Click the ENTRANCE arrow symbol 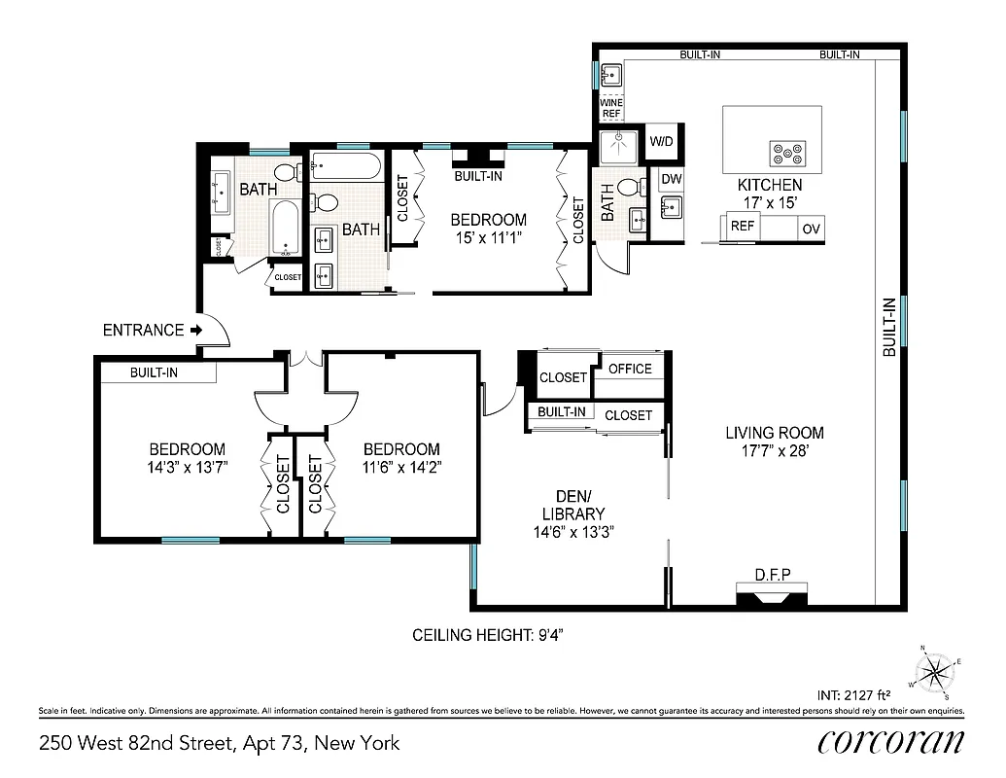(196, 331)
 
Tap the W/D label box (661, 141)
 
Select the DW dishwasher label (672, 179)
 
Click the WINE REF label (610, 108)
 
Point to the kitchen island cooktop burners (787, 152)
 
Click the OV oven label (810, 229)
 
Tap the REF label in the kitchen (743, 226)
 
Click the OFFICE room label (630, 369)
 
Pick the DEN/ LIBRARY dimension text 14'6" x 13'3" (574, 532)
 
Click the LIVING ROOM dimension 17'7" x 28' (775, 451)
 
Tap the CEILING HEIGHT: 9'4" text (489, 635)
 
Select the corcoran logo (891, 741)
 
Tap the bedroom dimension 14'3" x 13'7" (188, 467)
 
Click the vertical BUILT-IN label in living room (888, 328)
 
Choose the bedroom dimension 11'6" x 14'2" (401, 467)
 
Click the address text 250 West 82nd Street (136, 744)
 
